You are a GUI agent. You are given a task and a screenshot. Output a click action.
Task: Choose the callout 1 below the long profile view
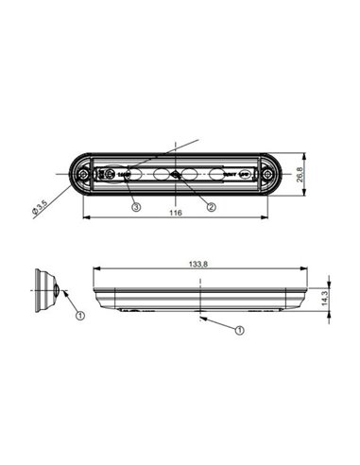tap(241, 331)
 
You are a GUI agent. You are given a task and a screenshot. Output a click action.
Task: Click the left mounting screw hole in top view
tap(85, 176)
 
